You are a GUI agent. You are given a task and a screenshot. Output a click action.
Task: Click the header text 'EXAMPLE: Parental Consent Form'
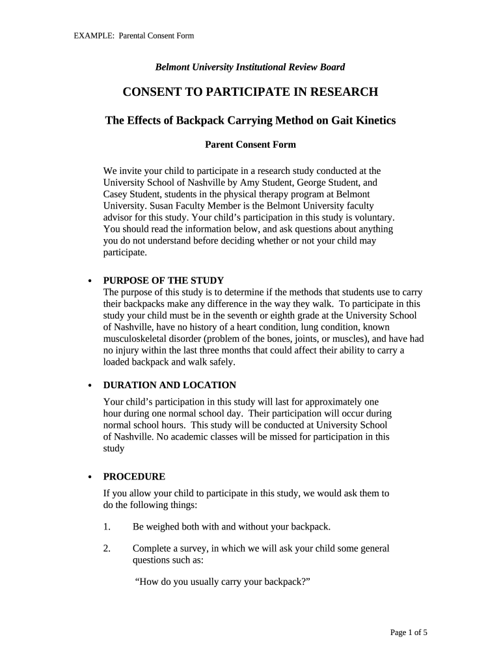click(x=133, y=35)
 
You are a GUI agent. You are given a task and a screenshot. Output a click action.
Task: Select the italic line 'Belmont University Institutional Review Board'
click(x=250, y=66)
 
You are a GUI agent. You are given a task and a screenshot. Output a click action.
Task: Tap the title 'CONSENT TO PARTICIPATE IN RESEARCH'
click(x=251, y=92)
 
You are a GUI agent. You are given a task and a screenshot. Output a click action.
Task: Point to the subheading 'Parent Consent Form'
click(x=251, y=145)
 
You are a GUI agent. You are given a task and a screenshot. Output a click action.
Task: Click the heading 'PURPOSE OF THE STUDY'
click(x=163, y=280)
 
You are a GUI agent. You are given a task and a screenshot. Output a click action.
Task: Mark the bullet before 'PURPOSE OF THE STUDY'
click(x=90, y=281)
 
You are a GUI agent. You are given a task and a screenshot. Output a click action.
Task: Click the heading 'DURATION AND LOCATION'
click(x=170, y=385)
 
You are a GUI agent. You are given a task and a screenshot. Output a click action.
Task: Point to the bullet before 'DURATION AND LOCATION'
click(x=90, y=386)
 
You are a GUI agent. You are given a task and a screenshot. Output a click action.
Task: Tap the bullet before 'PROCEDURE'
click(x=90, y=477)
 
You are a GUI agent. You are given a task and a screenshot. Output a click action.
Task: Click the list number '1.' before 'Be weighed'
click(x=107, y=526)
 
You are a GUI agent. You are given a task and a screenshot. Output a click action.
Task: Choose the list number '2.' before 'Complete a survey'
click(x=107, y=548)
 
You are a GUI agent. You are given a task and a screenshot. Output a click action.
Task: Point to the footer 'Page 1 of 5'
click(x=409, y=632)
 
